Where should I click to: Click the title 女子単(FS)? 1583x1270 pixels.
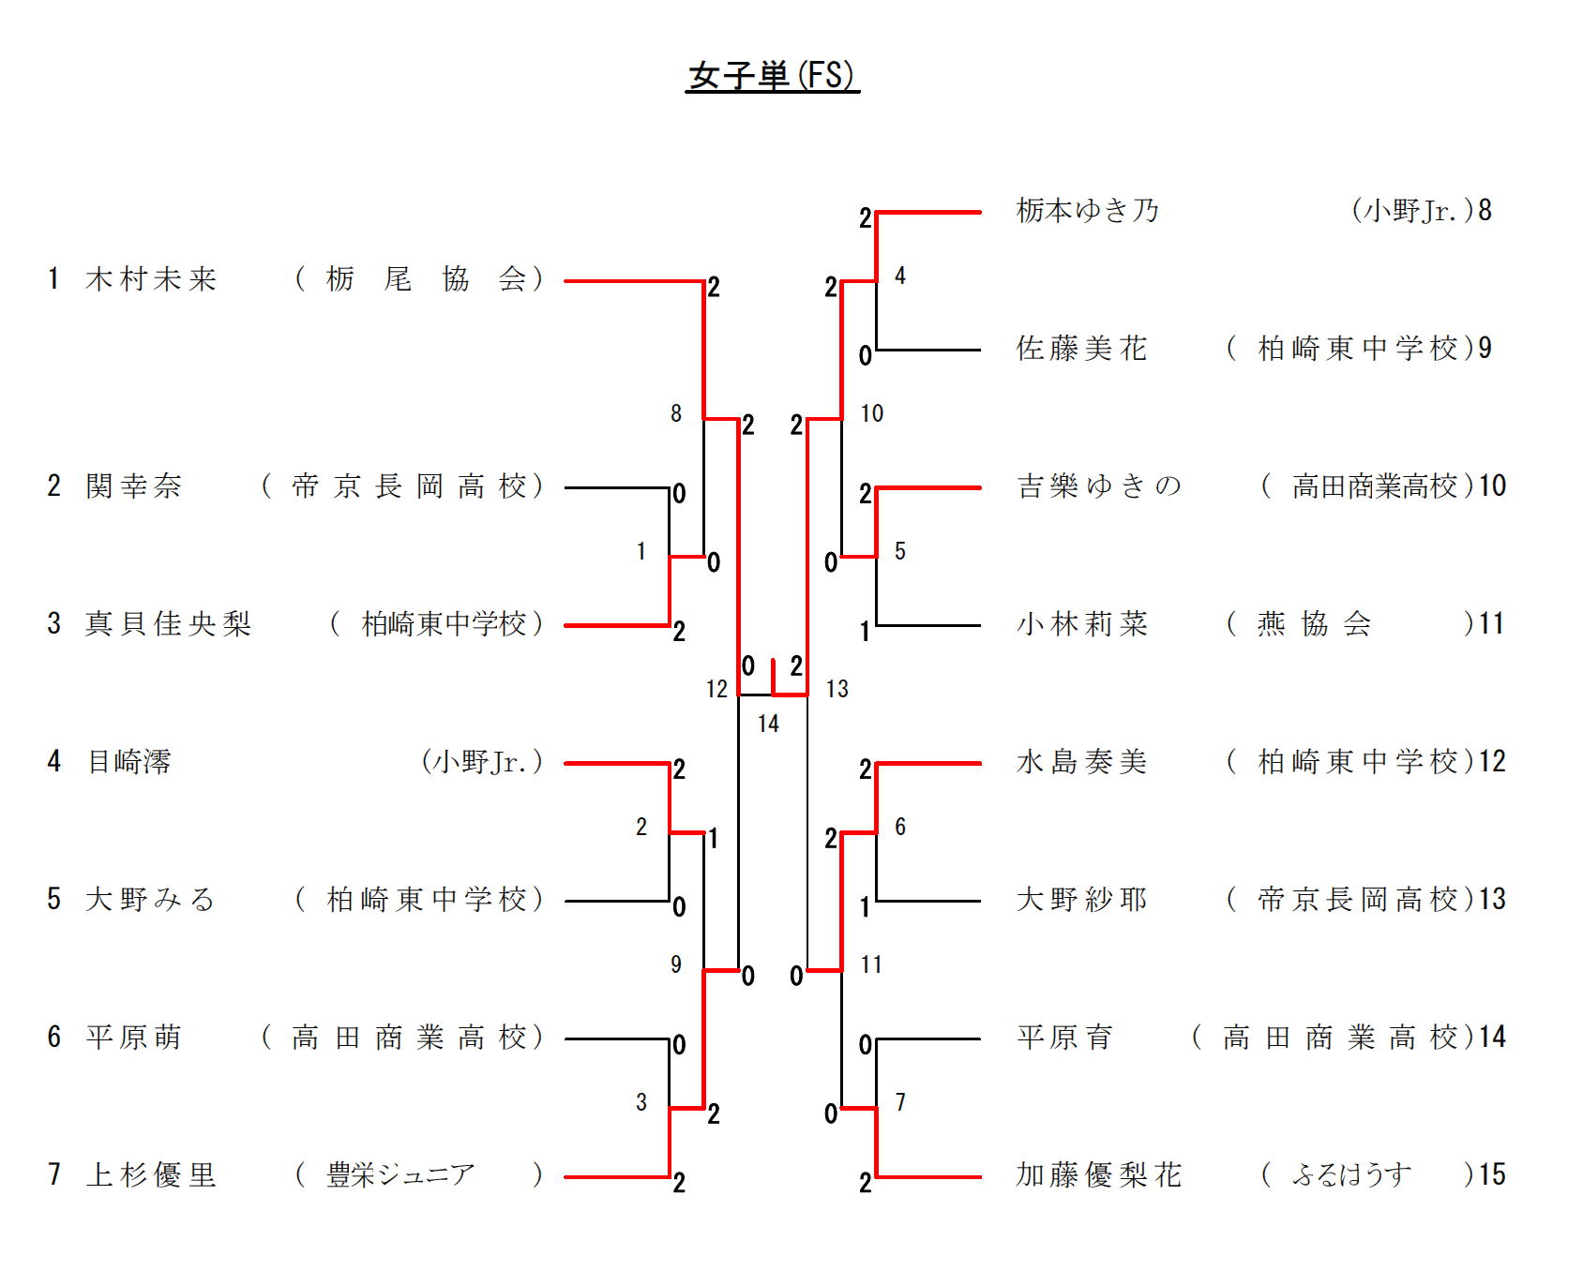click(x=772, y=76)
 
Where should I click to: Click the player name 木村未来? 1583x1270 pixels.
click(x=151, y=279)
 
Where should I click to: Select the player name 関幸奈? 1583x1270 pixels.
click(x=134, y=486)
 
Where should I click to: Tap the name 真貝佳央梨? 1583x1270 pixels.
click(x=169, y=623)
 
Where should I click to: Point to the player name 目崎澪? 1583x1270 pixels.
click(x=129, y=761)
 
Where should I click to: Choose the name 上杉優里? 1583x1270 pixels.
click(x=151, y=1174)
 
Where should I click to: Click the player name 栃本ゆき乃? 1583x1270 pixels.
click(x=1088, y=210)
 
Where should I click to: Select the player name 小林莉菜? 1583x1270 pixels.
click(x=1082, y=623)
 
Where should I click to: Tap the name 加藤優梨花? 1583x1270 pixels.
click(x=1099, y=1174)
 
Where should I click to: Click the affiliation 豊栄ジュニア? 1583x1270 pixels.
click(x=400, y=1174)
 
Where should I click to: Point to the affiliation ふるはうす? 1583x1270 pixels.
click(x=1351, y=1174)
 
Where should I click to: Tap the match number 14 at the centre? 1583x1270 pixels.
click(x=768, y=724)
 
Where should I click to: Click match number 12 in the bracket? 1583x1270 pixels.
click(x=716, y=690)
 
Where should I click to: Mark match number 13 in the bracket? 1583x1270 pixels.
click(x=837, y=690)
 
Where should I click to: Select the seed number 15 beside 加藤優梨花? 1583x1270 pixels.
click(x=1492, y=1174)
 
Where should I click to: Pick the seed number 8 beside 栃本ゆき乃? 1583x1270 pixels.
click(x=1485, y=210)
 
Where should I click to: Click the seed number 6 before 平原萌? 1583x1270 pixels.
click(x=54, y=1037)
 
